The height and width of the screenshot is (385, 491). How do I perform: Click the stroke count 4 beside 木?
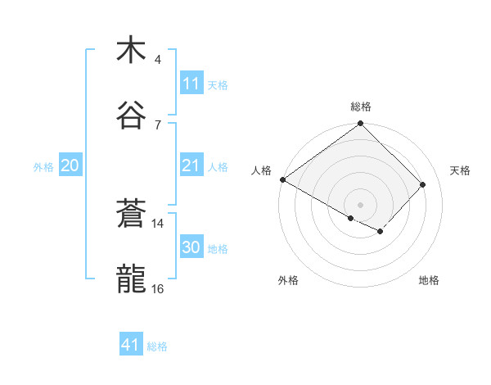pyautogui.click(x=158, y=60)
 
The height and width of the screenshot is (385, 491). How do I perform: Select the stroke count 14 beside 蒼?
pyautogui.click(x=158, y=223)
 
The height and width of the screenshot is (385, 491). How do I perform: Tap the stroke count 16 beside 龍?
pyautogui.click(x=158, y=288)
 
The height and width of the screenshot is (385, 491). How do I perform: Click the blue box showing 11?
pyautogui.click(x=191, y=84)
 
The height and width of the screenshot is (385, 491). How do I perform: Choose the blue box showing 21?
pyautogui.click(x=191, y=166)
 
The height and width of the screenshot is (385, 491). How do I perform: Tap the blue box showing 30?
pyautogui.click(x=191, y=248)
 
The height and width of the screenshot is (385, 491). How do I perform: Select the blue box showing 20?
pyautogui.click(x=70, y=166)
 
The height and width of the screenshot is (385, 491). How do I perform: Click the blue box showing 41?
pyautogui.click(x=130, y=346)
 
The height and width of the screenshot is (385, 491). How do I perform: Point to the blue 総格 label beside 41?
pyautogui.click(x=157, y=346)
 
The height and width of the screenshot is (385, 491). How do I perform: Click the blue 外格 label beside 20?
pyautogui.click(x=43, y=167)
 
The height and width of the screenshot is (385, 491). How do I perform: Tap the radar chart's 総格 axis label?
pyautogui.click(x=361, y=106)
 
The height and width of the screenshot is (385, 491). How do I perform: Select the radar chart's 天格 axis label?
pyautogui.click(x=460, y=170)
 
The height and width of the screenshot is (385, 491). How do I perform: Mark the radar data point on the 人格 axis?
pyautogui.click(x=282, y=179)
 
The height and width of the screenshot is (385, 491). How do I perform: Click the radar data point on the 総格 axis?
pyautogui.click(x=360, y=125)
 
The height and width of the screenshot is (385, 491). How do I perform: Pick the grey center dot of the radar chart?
pyautogui.click(x=360, y=204)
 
